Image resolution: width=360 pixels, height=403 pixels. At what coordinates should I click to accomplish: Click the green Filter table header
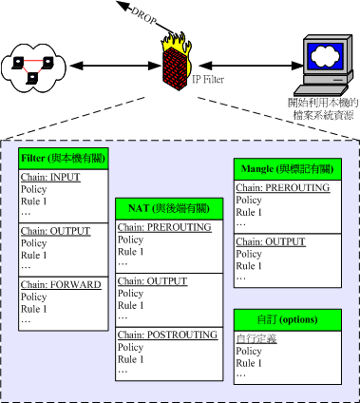click(64, 159)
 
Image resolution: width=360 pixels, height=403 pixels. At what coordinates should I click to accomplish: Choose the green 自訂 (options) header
click(282, 318)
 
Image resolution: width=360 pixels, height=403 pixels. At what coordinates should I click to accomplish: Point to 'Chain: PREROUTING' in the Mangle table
click(283, 188)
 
